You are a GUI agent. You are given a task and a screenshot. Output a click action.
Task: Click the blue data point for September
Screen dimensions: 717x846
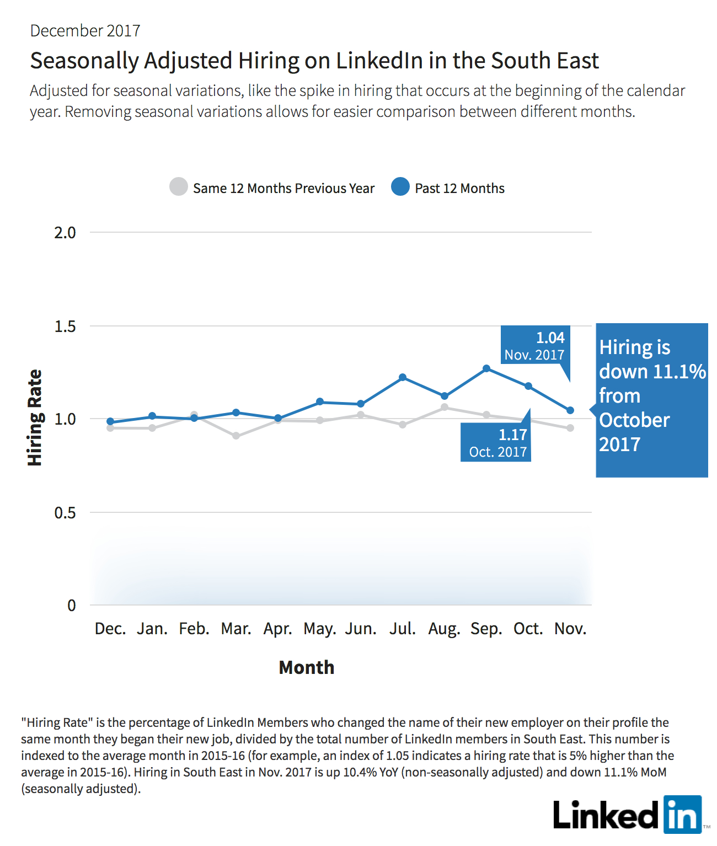point(486,368)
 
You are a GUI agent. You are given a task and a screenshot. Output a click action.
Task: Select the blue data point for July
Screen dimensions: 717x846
point(403,377)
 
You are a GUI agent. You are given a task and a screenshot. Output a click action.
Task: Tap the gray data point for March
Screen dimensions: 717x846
point(236,436)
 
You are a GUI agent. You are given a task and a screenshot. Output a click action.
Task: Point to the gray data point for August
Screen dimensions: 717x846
point(445,407)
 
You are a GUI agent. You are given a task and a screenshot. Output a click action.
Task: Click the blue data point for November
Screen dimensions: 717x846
point(570,410)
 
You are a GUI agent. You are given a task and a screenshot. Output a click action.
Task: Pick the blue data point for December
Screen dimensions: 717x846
point(110,421)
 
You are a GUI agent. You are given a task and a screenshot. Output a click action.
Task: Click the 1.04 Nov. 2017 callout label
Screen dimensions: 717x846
point(535,346)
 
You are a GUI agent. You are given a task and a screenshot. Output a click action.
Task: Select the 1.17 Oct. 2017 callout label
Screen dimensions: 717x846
point(496,442)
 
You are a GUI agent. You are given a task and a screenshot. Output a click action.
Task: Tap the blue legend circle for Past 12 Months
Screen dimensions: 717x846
point(400,186)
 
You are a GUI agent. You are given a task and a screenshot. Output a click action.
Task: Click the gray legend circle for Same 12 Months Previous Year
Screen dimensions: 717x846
point(179,186)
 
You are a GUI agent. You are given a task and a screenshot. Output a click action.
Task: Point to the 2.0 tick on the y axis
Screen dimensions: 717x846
point(65,233)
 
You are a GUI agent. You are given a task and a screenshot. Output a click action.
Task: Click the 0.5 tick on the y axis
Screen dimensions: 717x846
point(65,512)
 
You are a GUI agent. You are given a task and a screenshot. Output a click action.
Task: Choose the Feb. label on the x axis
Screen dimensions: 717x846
point(194,629)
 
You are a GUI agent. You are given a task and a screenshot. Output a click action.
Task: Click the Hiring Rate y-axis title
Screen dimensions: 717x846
point(35,418)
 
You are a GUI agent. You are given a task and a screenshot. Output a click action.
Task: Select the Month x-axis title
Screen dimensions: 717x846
point(307,667)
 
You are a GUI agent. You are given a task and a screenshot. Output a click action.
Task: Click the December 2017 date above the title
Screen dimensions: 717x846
point(85,31)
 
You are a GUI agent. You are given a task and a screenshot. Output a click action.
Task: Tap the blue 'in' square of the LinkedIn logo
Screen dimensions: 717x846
point(683,815)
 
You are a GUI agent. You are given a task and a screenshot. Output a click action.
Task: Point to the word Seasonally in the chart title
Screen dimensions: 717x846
point(85,61)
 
